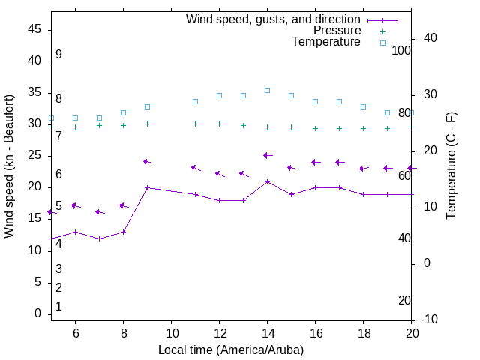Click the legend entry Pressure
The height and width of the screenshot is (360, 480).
click(337, 31)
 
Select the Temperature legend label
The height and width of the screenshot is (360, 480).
click(326, 42)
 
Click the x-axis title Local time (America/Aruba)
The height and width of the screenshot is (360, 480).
click(231, 349)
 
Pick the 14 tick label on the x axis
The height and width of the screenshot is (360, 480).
click(267, 333)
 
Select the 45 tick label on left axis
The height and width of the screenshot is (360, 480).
click(34, 29)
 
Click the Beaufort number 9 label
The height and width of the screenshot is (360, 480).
click(58, 55)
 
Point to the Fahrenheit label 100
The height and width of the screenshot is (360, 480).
click(401, 51)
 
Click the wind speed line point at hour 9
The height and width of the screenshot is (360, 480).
click(147, 187)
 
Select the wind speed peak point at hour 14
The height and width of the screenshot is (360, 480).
click(267, 181)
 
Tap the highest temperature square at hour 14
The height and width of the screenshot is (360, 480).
click(267, 90)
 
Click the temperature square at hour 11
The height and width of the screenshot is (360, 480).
click(195, 101)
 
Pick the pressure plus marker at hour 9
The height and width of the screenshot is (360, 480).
click(147, 124)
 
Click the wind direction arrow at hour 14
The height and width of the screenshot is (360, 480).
click(267, 155)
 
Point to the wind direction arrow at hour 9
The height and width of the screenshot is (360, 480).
click(148, 162)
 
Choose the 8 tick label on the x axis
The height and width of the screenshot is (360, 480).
click(123, 333)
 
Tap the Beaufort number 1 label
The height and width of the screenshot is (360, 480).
click(58, 307)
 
